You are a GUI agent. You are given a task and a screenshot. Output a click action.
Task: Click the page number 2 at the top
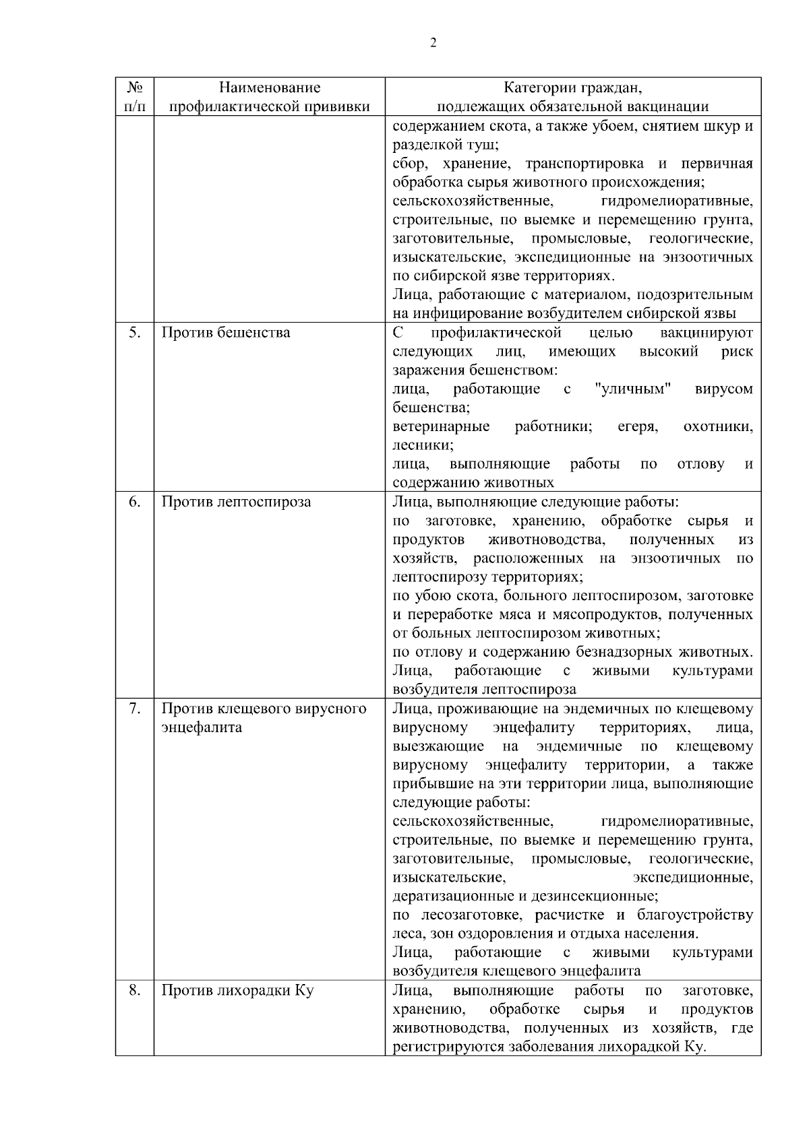[x=433, y=43]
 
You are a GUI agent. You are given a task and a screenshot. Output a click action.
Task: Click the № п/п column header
[x=135, y=97]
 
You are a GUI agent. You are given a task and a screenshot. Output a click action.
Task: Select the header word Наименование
[x=270, y=88]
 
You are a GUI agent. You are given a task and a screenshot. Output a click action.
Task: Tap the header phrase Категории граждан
[x=573, y=88]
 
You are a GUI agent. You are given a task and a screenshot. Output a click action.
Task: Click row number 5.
[x=135, y=333]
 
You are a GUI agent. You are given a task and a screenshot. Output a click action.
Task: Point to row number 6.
[x=135, y=502]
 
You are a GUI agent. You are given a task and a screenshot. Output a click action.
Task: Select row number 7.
[x=135, y=709]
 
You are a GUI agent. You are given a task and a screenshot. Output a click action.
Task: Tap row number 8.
[x=135, y=991]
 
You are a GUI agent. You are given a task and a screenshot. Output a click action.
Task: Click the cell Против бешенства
[x=226, y=333]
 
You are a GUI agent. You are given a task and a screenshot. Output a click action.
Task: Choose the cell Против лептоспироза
[x=236, y=502]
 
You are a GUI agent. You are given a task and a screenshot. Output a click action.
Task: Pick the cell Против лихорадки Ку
[x=237, y=991]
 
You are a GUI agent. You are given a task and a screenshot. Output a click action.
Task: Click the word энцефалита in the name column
[x=202, y=727]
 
